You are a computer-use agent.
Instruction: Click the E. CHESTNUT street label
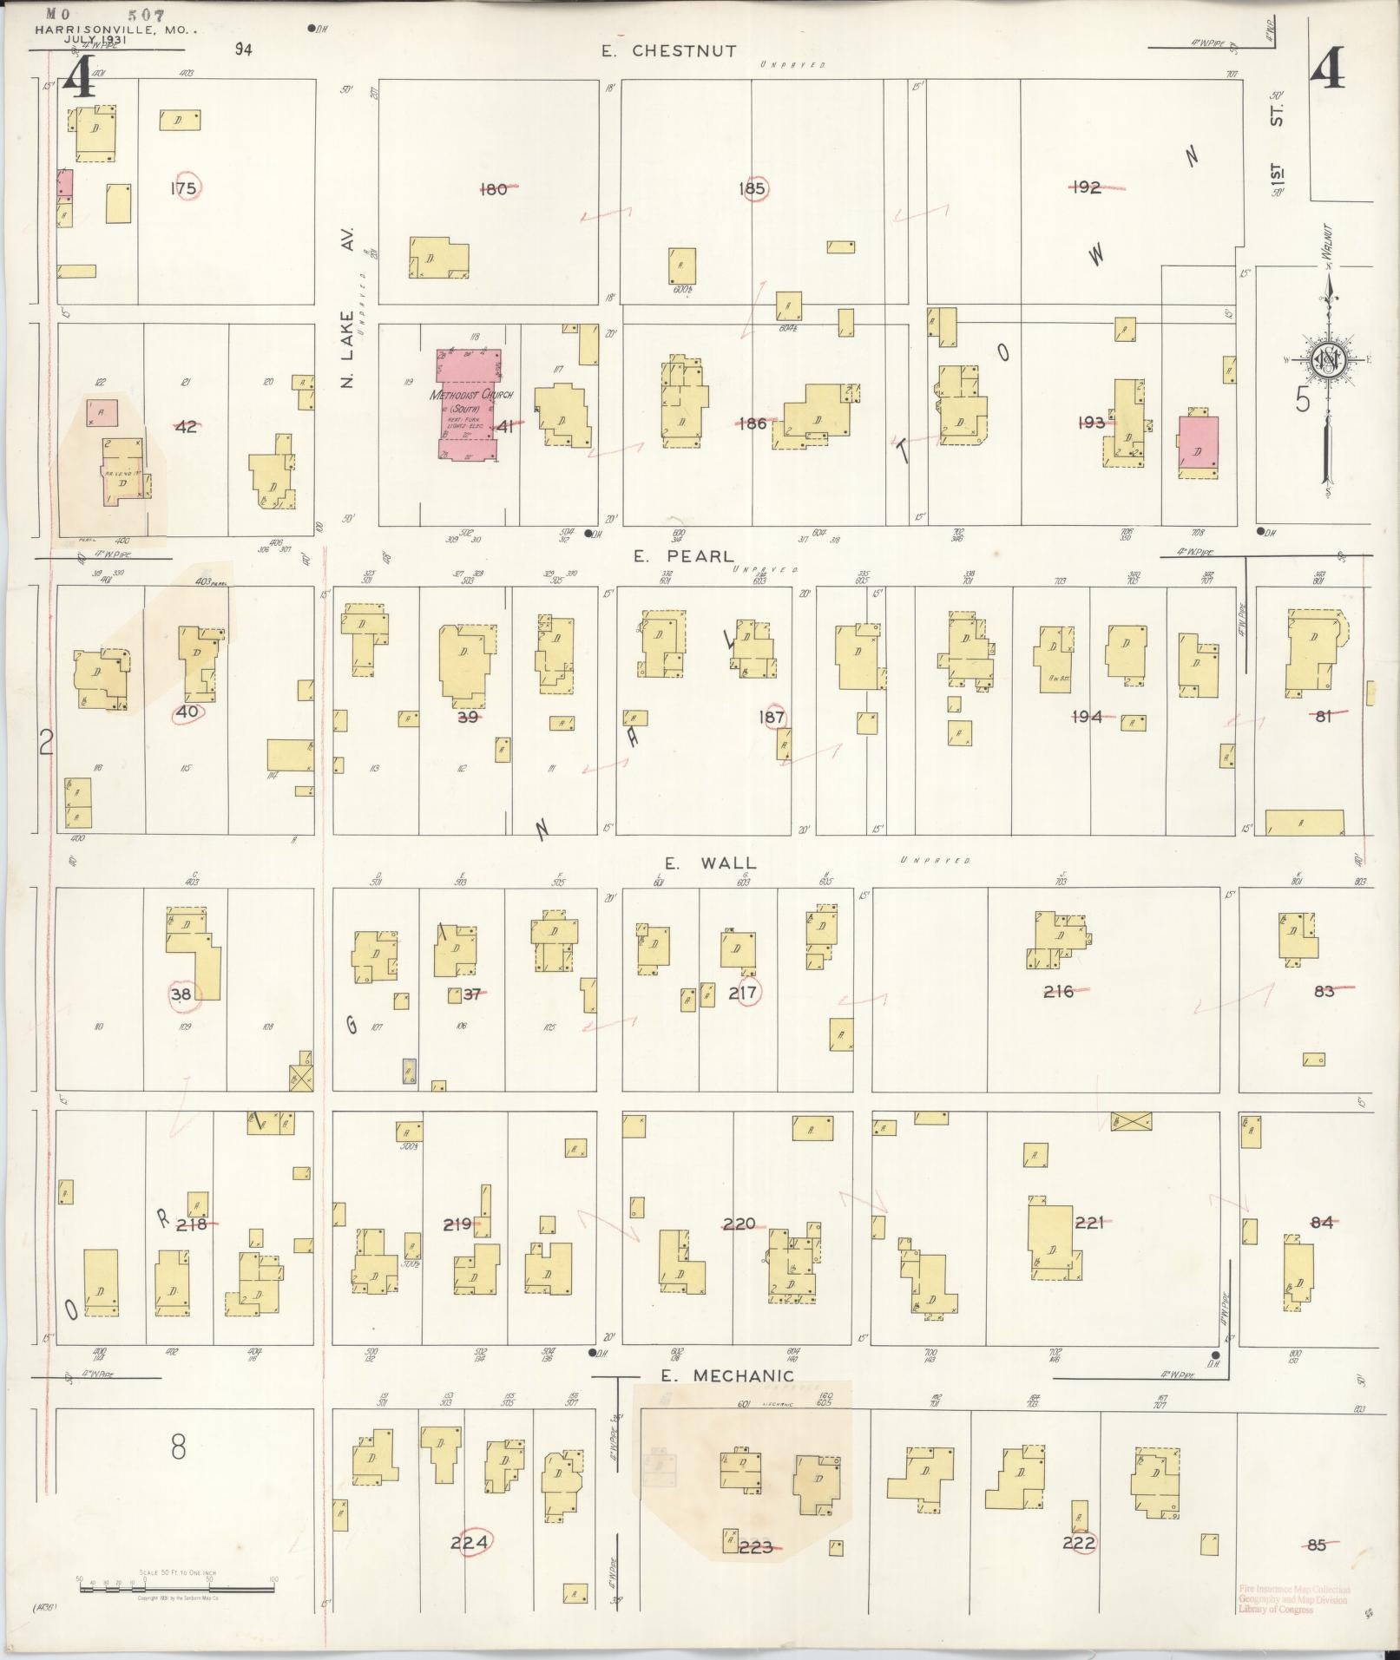coord(670,51)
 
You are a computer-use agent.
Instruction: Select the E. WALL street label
coord(710,863)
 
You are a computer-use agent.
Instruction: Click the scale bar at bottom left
coord(176,1589)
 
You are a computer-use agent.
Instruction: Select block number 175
coord(183,187)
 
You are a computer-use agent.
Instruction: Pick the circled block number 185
coord(752,187)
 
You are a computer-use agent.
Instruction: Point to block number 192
coord(1086,187)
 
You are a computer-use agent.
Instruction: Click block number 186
coord(752,423)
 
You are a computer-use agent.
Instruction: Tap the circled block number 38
coord(181,994)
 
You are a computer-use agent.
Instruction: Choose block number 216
coord(1058,991)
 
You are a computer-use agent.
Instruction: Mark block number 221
coord(1088,1222)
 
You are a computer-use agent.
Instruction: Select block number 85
coord(1317,1545)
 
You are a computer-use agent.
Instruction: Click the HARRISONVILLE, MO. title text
coord(115,29)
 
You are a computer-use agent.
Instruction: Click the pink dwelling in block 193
coord(1198,446)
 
